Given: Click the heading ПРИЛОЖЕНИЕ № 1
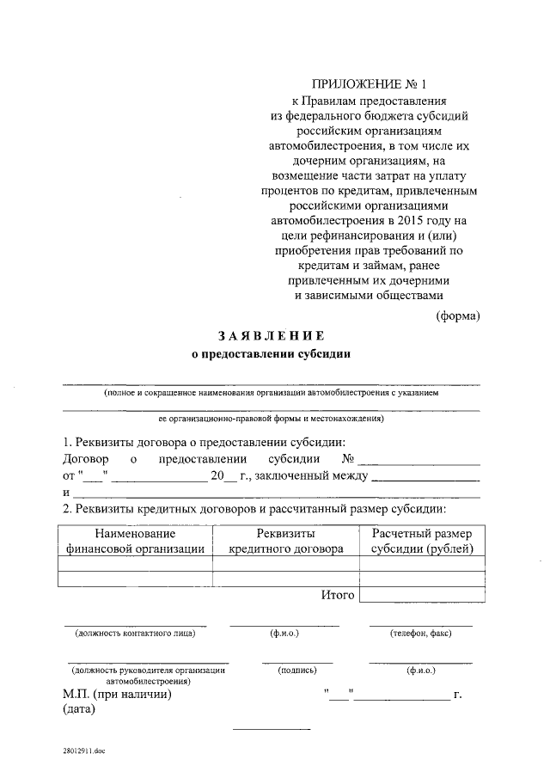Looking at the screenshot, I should point(370,83).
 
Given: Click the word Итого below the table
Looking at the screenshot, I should point(338,595).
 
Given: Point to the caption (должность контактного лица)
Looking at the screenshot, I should point(135,634).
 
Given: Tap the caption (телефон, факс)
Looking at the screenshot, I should point(420,634).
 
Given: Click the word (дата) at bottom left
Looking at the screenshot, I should point(79,710).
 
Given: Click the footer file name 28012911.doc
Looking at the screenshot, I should point(82,750).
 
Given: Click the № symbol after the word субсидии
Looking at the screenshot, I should point(349,459).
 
